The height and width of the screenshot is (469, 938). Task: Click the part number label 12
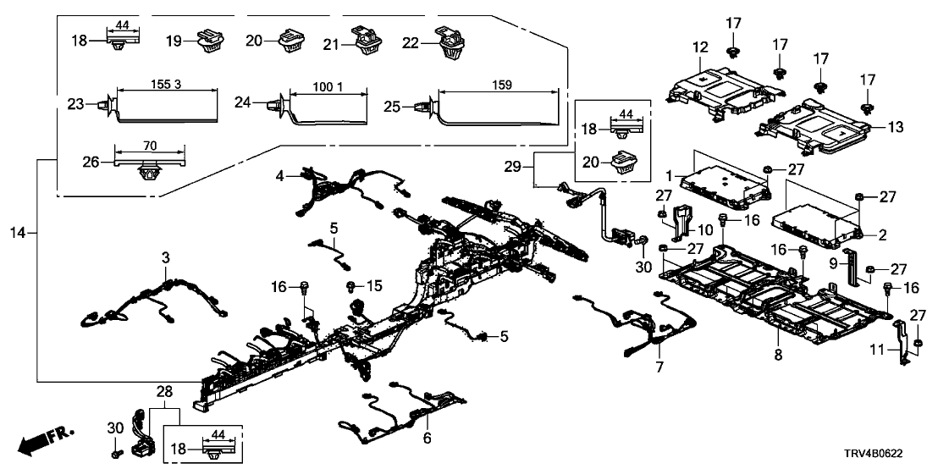tap(700, 49)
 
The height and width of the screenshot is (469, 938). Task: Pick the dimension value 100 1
tap(328, 87)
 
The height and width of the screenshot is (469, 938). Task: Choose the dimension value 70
tap(149, 144)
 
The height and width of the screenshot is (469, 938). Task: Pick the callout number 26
tap(82, 161)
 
